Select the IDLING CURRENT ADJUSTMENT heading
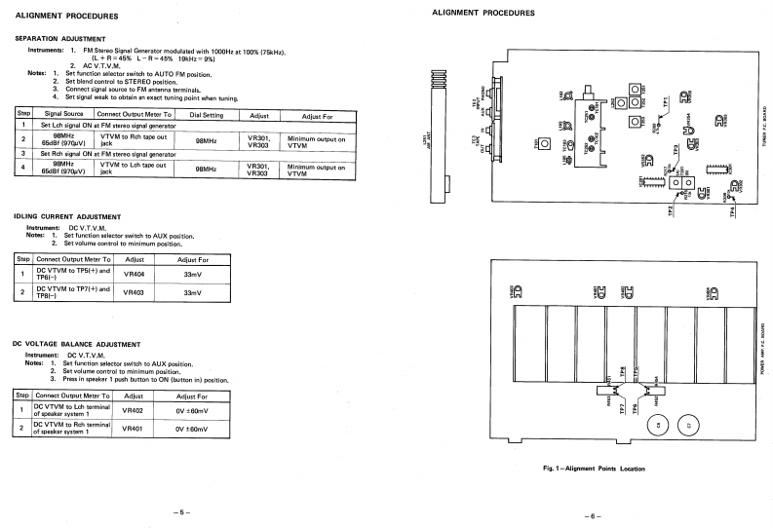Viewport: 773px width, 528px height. pyautogui.click(x=68, y=215)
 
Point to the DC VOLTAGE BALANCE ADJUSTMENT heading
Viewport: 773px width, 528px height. pyautogui.click(x=78, y=344)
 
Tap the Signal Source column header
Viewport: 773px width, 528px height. pyautogui.click(x=58, y=115)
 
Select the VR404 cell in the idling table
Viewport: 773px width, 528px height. pyautogui.click(x=135, y=275)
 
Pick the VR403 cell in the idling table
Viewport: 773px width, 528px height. pyautogui.click(x=135, y=291)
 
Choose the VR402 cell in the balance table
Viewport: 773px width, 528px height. pyautogui.click(x=134, y=411)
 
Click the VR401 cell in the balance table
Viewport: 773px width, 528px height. pyautogui.click(x=134, y=428)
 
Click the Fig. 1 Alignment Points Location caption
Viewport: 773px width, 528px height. pyautogui.click(x=595, y=468)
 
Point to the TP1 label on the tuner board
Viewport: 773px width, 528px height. pyautogui.click(x=666, y=100)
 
